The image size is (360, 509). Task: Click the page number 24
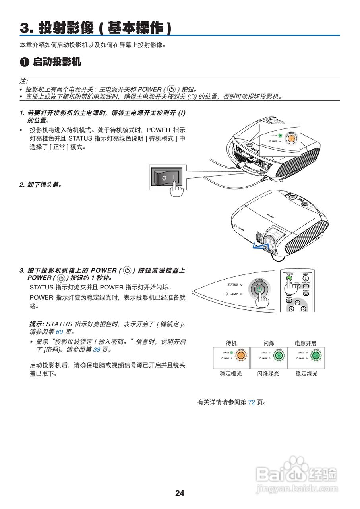[180, 493]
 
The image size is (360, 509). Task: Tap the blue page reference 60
[60, 331]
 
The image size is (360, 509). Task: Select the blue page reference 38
[97, 350]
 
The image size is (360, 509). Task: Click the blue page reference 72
[252, 402]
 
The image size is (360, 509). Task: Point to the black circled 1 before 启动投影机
[24, 62]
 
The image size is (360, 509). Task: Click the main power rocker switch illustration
[166, 177]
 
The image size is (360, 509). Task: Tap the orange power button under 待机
[241, 355]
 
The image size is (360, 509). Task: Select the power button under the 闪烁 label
[279, 355]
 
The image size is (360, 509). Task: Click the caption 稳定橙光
[231, 374]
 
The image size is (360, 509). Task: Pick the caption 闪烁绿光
[268, 374]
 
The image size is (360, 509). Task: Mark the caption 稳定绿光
[306, 374]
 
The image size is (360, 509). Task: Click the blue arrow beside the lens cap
[259, 247]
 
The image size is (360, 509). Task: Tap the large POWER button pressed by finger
[259, 289]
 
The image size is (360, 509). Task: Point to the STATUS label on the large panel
[232, 284]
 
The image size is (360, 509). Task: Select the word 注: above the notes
[24, 81]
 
